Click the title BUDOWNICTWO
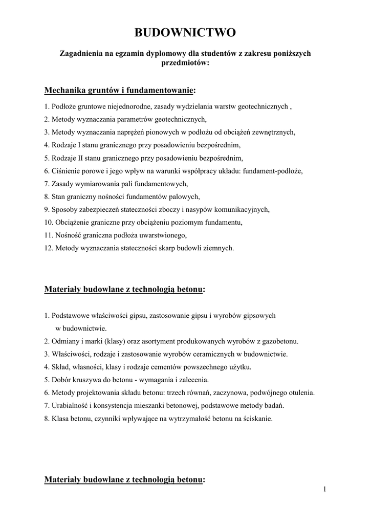(x=185, y=33)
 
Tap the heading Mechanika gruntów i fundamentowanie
(x=119, y=91)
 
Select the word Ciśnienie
(x=64, y=171)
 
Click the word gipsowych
(x=257, y=316)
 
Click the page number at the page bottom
(x=324, y=490)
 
